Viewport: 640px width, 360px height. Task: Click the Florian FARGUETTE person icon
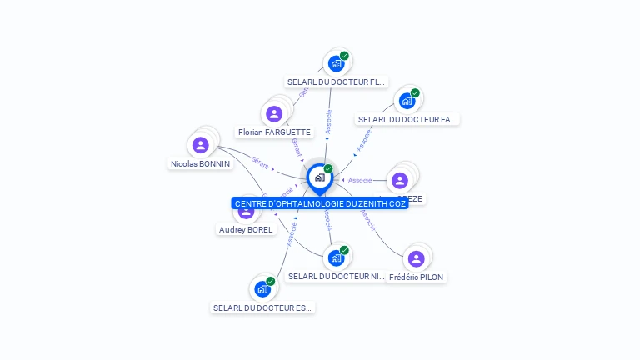coord(274,114)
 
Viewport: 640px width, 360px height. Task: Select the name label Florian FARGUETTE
coord(274,132)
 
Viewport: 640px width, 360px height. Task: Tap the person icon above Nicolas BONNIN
coord(200,145)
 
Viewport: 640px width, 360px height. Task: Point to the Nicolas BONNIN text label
coord(200,164)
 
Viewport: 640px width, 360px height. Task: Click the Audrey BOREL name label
coord(246,230)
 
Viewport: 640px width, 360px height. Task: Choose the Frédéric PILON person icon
coord(416,258)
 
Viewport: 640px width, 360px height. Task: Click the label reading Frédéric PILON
coord(416,277)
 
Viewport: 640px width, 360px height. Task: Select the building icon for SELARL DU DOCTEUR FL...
coord(336,63)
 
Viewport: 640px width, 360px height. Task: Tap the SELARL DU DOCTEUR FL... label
coord(336,82)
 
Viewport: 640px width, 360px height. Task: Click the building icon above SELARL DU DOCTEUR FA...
coord(407,101)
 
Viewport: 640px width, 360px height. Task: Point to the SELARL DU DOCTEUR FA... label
coord(407,120)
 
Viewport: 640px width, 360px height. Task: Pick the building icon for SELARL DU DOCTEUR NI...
coord(336,257)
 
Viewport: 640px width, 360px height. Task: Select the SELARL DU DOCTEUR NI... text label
coord(337,277)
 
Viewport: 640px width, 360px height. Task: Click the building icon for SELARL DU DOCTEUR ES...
coord(262,289)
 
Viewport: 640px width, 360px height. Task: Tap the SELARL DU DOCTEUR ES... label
coord(262,308)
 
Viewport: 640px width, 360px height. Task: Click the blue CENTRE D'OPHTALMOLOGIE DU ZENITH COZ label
coord(320,203)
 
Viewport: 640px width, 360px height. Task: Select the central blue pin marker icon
coord(319,177)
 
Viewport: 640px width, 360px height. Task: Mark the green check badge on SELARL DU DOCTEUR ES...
coord(271,282)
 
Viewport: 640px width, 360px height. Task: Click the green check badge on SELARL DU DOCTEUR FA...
coord(415,93)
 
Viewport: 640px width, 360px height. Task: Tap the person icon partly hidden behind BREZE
coord(400,180)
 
